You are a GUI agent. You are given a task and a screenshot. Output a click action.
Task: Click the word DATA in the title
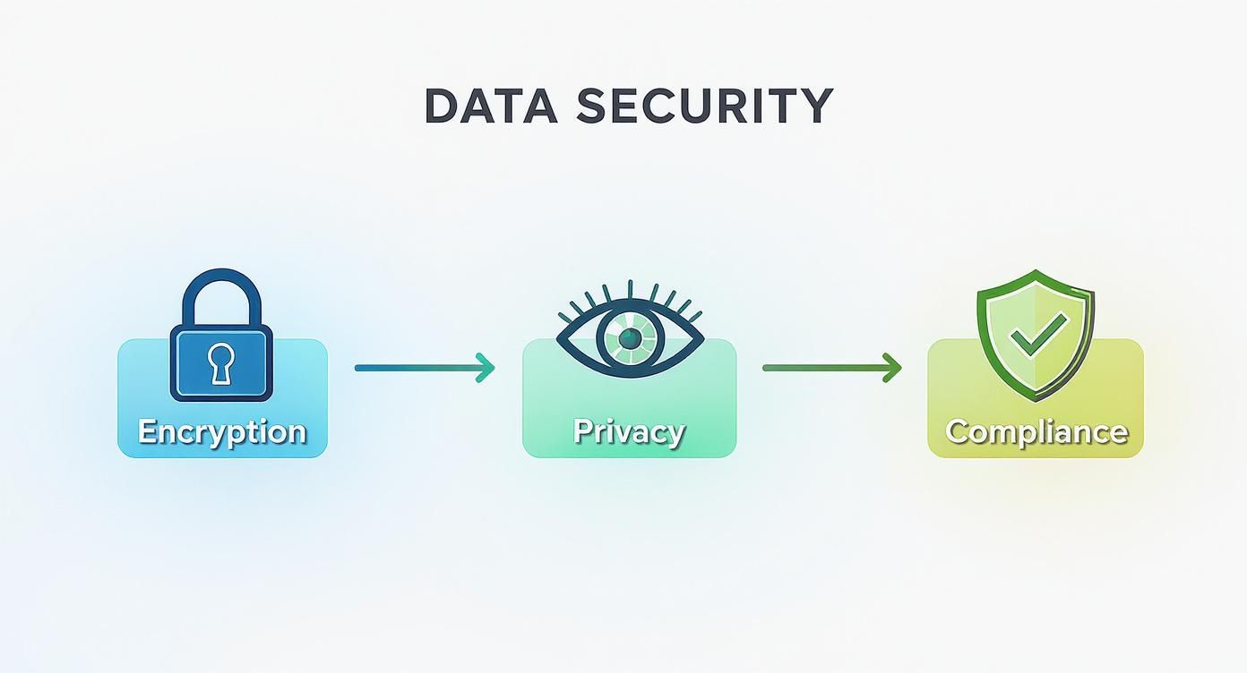click(x=490, y=106)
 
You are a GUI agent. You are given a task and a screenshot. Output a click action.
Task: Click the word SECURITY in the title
click(x=705, y=106)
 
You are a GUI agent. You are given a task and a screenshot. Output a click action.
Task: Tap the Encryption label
click(x=222, y=432)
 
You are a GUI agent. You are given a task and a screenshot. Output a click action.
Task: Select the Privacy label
click(x=629, y=432)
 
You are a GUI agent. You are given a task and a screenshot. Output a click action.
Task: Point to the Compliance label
click(x=1036, y=432)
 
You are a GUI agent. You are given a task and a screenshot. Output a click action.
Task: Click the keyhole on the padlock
click(x=221, y=362)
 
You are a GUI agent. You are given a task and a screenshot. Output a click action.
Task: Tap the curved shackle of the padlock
click(x=221, y=297)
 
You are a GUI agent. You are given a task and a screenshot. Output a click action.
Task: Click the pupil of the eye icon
click(x=630, y=336)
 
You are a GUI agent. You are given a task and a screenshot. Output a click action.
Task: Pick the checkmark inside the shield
click(x=1039, y=334)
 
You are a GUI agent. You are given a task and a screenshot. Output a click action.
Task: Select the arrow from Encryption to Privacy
click(x=425, y=368)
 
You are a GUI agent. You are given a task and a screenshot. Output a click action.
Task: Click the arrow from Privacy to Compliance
click(x=832, y=368)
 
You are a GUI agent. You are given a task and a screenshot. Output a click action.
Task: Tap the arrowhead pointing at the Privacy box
click(x=486, y=368)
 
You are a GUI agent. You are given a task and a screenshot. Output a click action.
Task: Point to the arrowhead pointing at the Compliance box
click(x=892, y=368)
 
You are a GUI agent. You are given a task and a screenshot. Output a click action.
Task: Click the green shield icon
click(x=1036, y=335)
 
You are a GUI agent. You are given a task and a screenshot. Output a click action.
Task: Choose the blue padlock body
click(x=221, y=362)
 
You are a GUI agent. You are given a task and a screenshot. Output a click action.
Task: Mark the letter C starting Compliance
click(x=957, y=431)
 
